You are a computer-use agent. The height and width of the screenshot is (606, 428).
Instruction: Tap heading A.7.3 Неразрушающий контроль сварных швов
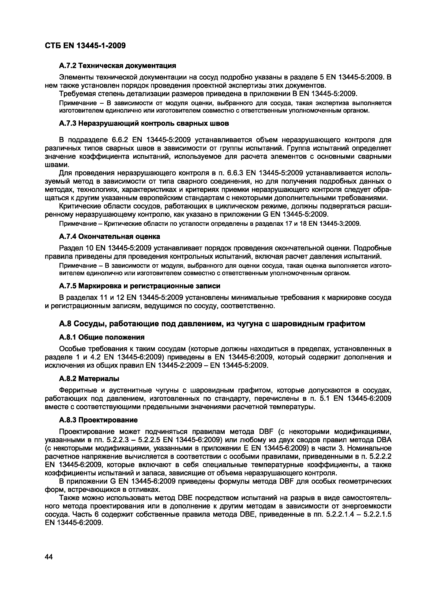(x=144, y=123)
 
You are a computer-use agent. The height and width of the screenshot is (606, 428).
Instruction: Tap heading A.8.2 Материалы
(x=89, y=379)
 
